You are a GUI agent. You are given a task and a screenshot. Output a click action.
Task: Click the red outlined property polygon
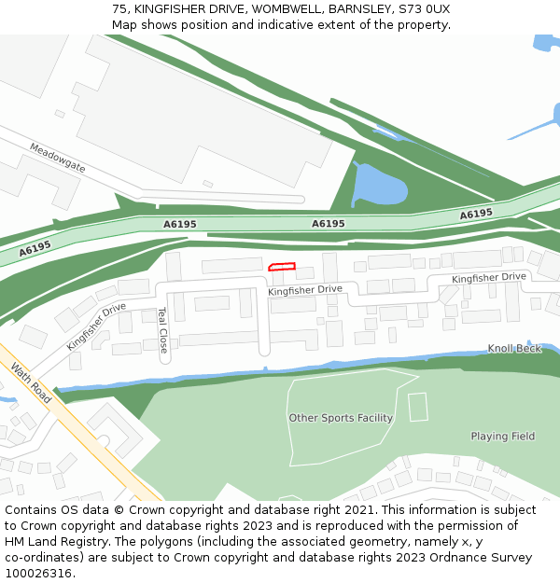(x=282, y=268)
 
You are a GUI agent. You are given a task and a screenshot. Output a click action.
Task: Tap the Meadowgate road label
(x=57, y=157)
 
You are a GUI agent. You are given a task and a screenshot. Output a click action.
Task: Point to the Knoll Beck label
(x=514, y=349)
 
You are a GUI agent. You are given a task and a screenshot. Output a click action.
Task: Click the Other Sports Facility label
(x=341, y=418)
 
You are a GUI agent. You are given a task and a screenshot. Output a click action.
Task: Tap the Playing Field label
(x=503, y=436)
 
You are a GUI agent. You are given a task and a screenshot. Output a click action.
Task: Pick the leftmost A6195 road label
(x=35, y=249)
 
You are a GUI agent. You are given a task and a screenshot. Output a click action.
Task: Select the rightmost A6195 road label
(x=476, y=215)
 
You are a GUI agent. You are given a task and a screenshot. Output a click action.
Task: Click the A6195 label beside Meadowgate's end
(x=180, y=224)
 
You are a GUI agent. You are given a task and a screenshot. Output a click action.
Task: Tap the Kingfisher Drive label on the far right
(x=489, y=278)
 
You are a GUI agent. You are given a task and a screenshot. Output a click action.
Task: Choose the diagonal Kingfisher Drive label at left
(x=95, y=326)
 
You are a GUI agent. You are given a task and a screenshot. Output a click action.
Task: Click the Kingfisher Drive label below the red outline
(x=305, y=290)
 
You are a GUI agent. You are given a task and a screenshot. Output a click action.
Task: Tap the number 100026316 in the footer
(x=40, y=573)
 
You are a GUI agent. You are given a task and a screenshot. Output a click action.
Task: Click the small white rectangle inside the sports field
(x=417, y=407)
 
